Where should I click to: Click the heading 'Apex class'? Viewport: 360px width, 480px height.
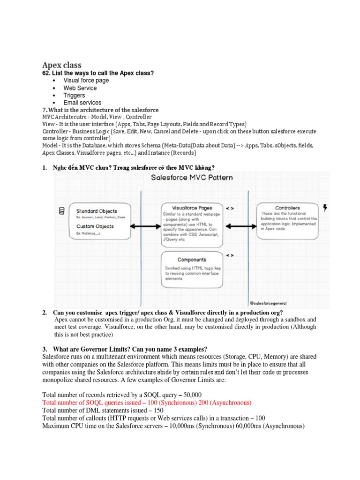coord(62,65)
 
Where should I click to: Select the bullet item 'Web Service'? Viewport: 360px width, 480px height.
coord(80,88)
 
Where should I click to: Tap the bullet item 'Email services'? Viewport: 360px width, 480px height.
coord(82,103)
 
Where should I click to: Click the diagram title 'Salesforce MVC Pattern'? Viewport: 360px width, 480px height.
coord(192,178)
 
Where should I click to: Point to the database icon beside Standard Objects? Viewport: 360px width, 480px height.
coord(62,211)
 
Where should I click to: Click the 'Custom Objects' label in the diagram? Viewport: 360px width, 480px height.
coord(95,226)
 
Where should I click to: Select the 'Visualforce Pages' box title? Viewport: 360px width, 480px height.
coord(192,208)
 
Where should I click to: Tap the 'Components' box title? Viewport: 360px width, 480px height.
coord(192,260)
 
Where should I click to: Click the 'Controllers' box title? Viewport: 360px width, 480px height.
coord(287,208)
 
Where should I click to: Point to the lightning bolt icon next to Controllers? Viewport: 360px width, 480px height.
coord(325,208)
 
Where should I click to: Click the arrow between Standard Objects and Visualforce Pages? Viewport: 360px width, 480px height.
coord(145,226)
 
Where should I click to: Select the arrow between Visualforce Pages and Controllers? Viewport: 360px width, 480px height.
coord(241,226)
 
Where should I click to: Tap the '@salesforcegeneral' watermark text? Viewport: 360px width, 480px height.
coord(268,303)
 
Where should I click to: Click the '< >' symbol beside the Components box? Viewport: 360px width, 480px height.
coord(230,255)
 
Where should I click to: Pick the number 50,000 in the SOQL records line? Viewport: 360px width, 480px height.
coord(193,395)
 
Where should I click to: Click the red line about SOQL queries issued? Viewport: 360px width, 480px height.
coord(147,403)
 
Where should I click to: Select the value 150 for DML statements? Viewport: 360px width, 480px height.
coord(158,410)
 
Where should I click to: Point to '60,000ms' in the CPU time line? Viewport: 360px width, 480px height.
coord(248,426)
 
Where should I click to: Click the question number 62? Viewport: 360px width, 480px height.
coord(46,73)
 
